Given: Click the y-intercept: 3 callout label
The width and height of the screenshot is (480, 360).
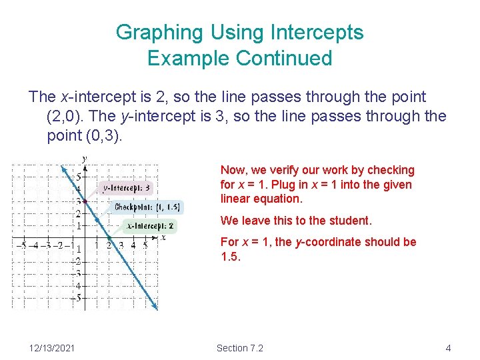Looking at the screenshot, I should click(x=126, y=188).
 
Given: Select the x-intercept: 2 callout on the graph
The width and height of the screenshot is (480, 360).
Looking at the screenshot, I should click(x=151, y=226).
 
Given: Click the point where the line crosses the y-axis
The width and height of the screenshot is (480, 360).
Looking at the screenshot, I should click(x=85, y=201).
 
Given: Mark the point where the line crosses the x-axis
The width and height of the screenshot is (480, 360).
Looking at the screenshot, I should click(x=109, y=237).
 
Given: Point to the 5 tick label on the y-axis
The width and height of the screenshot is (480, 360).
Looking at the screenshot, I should click(x=78, y=177).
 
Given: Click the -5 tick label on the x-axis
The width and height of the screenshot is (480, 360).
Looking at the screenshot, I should click(x=22, y=245).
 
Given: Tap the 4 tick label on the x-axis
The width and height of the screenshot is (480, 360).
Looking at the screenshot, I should click(x=133, y=245).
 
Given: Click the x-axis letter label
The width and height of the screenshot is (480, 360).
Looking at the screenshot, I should click(x=163, y=237).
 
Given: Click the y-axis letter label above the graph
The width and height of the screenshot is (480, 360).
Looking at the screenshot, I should click(x=84, y=159).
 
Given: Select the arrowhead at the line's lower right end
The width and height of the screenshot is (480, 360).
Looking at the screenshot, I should click(x=155, y=306).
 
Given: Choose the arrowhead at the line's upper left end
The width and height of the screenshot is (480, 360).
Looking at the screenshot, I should click(x=63, y=169).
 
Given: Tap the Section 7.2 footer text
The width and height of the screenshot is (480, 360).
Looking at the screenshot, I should click(x=240, y=348).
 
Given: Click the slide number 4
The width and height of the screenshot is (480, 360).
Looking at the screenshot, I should click(x=449, y=348).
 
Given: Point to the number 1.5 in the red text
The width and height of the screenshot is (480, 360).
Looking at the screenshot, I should click(x=230, y=257).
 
